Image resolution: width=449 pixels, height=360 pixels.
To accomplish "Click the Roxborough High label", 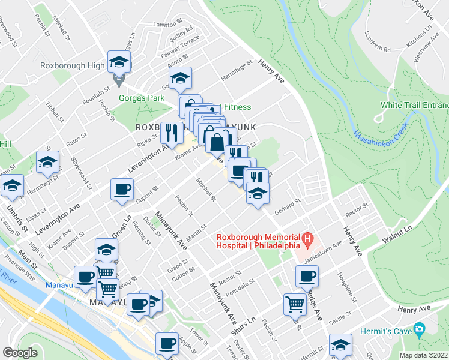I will coord(73,65).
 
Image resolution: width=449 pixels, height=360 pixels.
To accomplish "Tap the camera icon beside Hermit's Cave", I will coord(418,329).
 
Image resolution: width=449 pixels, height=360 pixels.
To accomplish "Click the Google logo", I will coord(20,352).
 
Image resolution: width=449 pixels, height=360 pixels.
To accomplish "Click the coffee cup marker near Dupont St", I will coord(122,190).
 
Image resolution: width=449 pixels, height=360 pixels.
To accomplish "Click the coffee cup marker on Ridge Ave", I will coord(307,276).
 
